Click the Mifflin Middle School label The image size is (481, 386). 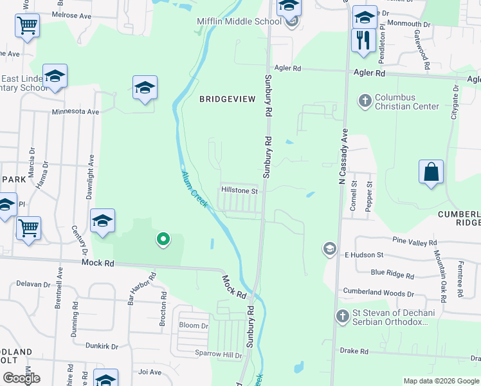(x=239, y=21)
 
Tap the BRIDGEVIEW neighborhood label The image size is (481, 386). (x=227, y=99)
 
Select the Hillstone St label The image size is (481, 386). (x=239, y=191)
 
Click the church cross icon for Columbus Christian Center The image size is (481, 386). (x=365, y=100)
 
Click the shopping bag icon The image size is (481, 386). (x=431, y=172)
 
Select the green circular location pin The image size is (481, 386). (x=163, y=240)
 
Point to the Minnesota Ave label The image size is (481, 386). (x=76, y=111)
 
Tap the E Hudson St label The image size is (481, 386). (x=364, y=255)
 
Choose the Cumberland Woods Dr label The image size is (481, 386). (x=378, y=293)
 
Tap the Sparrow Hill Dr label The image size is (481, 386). (x=219, y=354)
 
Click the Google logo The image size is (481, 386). (x=22, y=378)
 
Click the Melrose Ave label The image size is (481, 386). (x=73, y=14)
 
